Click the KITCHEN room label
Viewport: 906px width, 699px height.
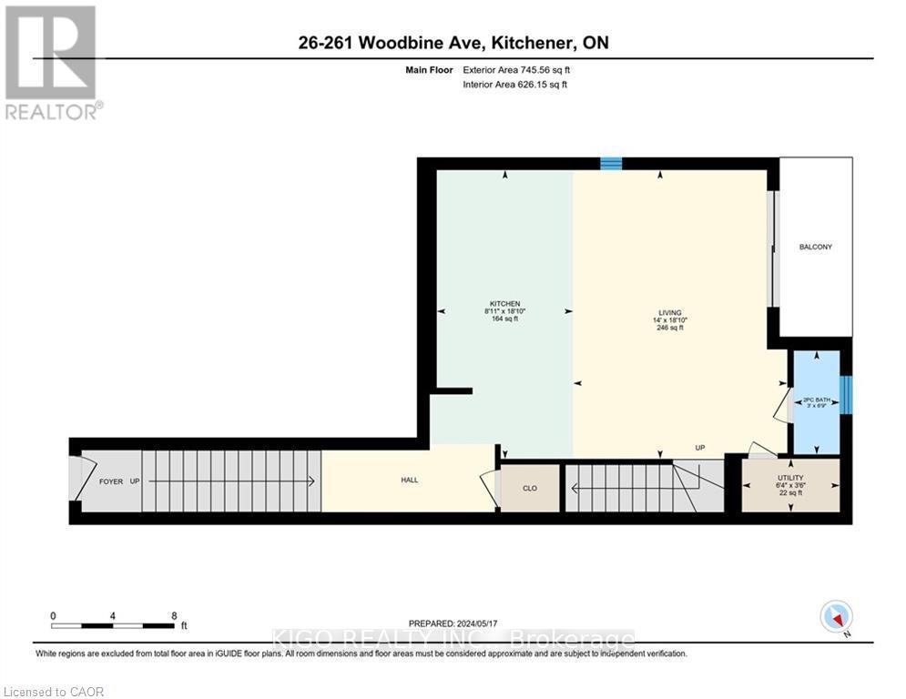504,303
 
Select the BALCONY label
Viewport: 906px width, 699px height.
815,247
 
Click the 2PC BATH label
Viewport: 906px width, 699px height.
816,400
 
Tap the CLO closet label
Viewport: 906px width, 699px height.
530,488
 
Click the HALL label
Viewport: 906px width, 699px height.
410,480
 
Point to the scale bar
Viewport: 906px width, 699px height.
113,625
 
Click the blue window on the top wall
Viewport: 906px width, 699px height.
611,164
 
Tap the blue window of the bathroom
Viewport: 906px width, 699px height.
846,393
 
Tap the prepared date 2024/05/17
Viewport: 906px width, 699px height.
453,623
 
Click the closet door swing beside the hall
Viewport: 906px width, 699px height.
490,488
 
